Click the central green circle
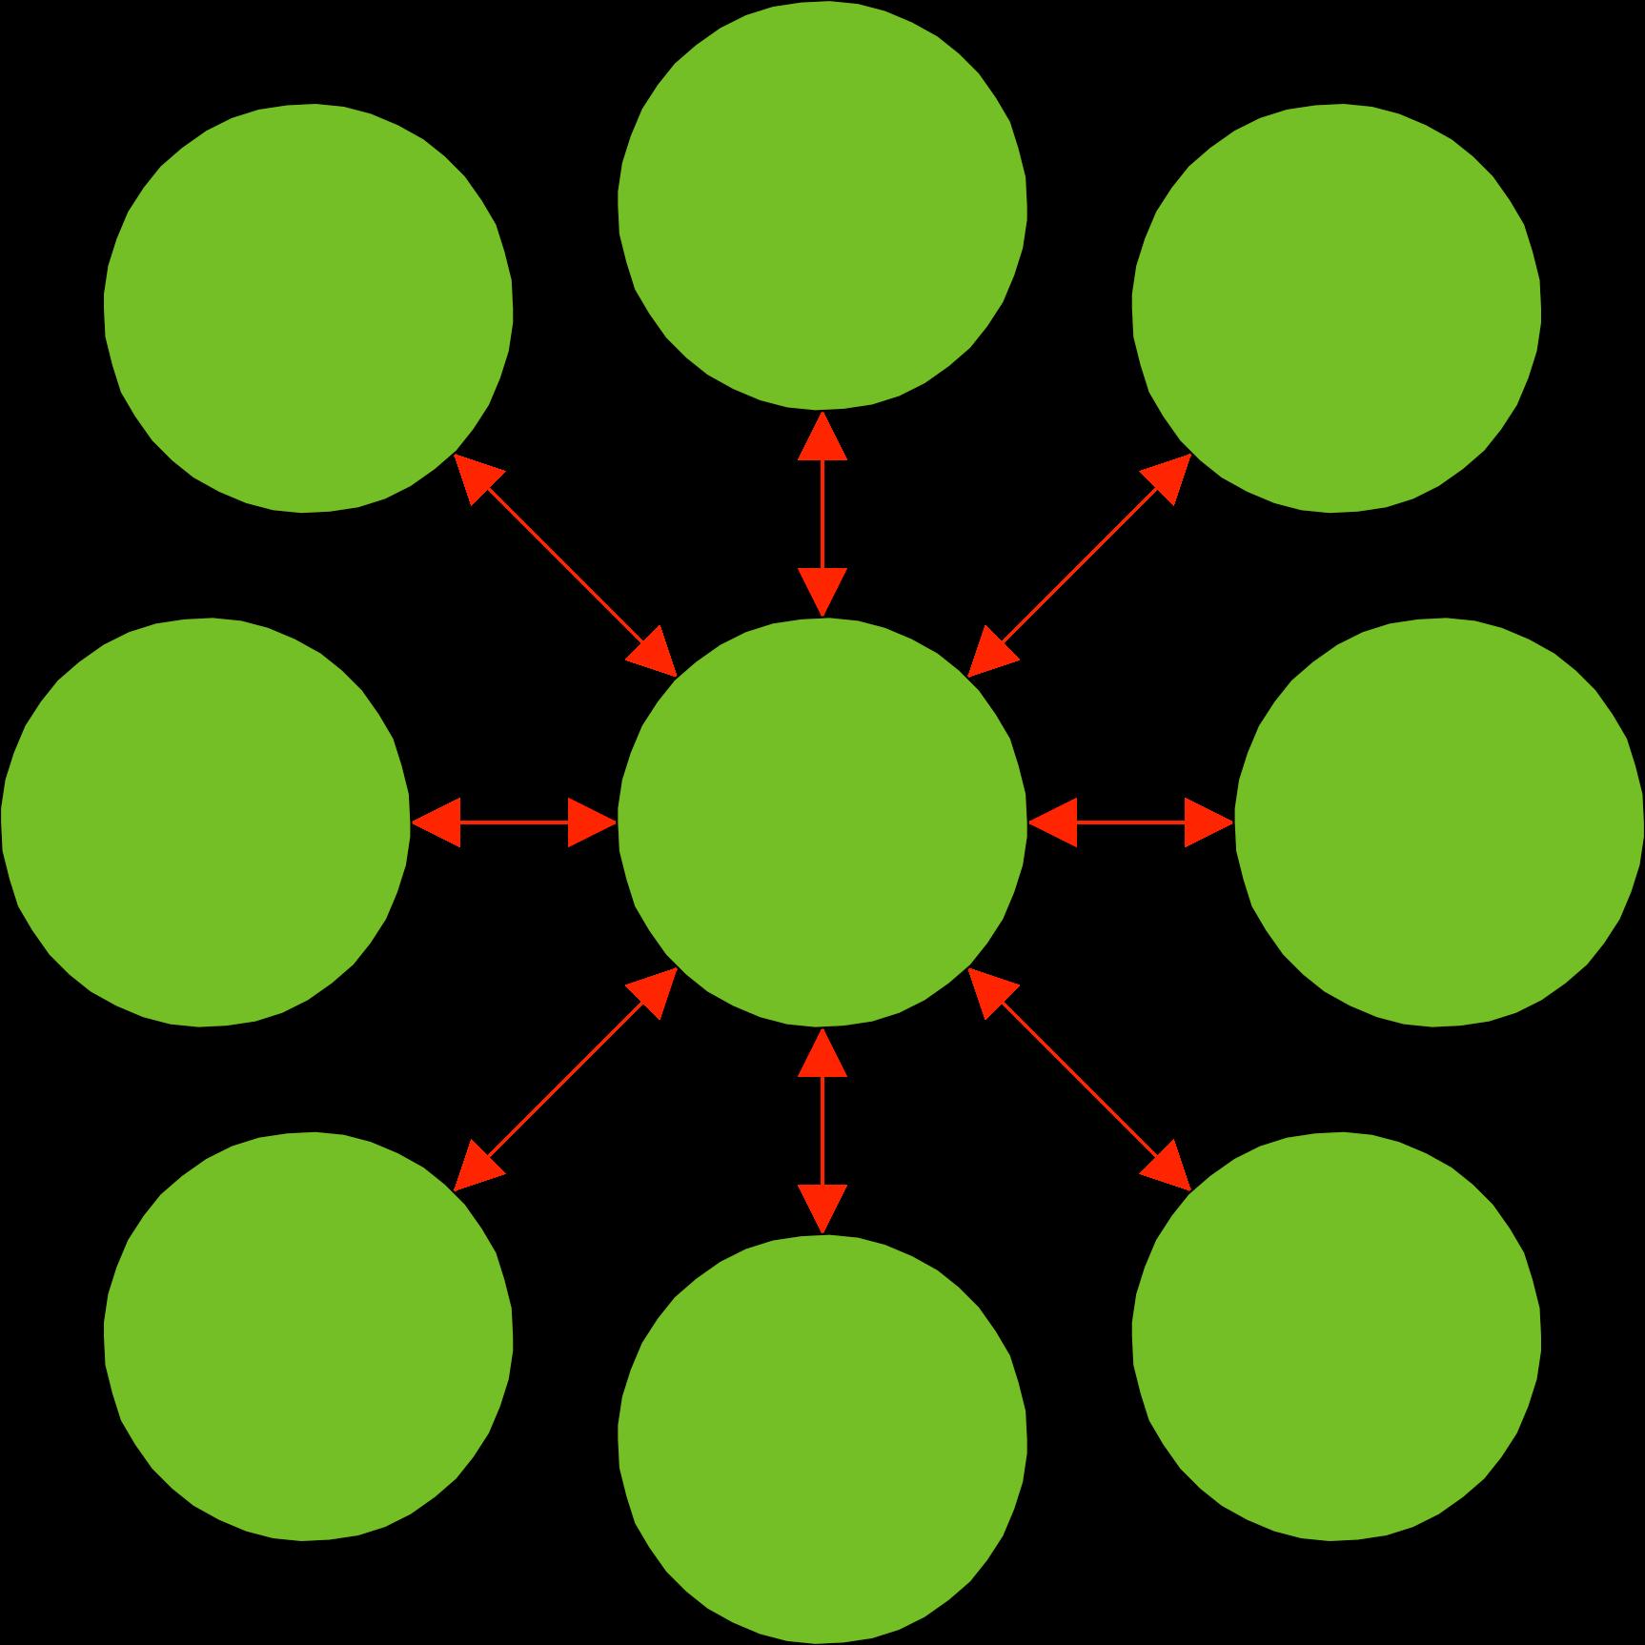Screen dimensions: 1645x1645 pyautogui.click(x=822, y=822)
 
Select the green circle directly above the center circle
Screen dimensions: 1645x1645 pyautogui.click(x=822, y=205)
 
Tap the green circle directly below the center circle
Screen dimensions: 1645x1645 pyautogui.click(x=822, y=1439)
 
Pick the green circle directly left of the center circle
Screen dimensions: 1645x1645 pyautogui.click(x=205, y=822)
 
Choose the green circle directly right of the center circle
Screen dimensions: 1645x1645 pyautogui.click(x=1439, y=822)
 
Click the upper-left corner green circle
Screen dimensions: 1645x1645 pyautogui.click(x=309, y=309)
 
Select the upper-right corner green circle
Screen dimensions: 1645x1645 pyautogui.click(x=1336, y=309)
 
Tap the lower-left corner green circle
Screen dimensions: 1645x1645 pyautogui.click(x=309, y=1336)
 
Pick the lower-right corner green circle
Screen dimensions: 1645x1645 pyautogui.click(x=1336, y=1336)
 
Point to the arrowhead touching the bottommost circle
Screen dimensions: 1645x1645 pyautogui.click(x=822, y=1207)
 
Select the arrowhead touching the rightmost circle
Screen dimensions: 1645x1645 pyautogui.click(x=1207, y=822)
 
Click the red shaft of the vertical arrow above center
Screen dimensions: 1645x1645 pyautogui.click(x=822, y=515)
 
